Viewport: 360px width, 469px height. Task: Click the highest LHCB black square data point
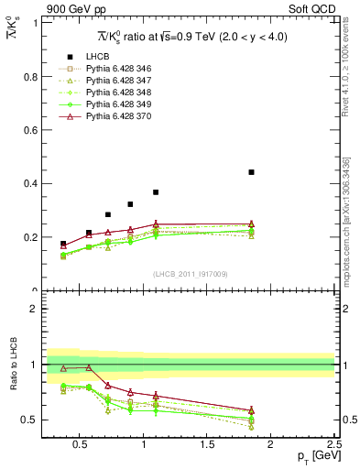(251, 172)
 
